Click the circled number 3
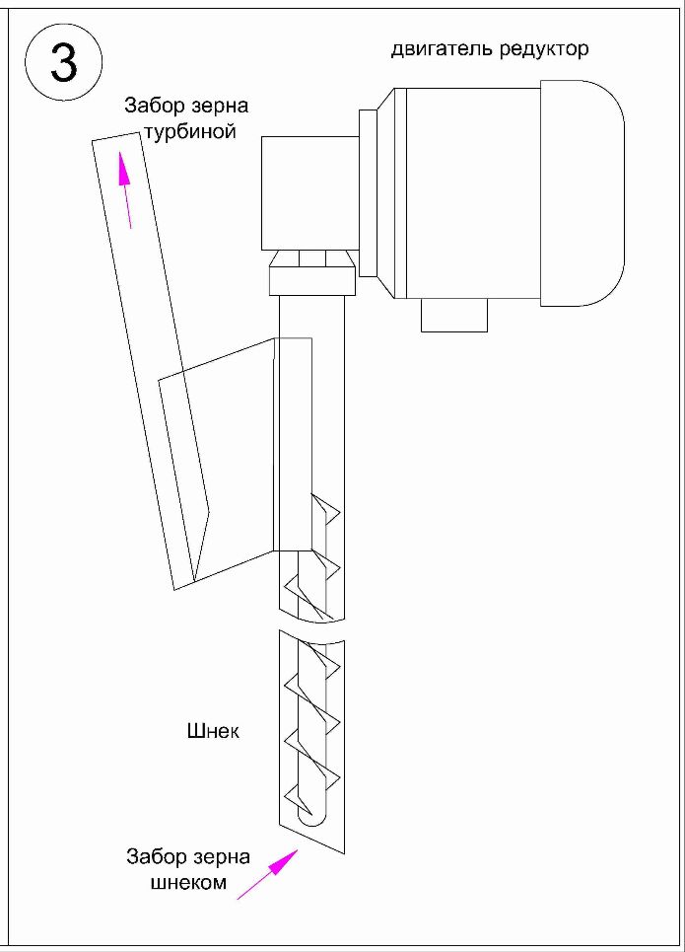64,63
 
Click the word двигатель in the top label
443,48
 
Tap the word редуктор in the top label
544,49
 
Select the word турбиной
190,130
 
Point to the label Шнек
213,730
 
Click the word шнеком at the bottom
188,882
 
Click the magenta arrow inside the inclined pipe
125,190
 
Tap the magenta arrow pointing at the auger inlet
267,874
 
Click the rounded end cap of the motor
582,193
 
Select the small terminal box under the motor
454,316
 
